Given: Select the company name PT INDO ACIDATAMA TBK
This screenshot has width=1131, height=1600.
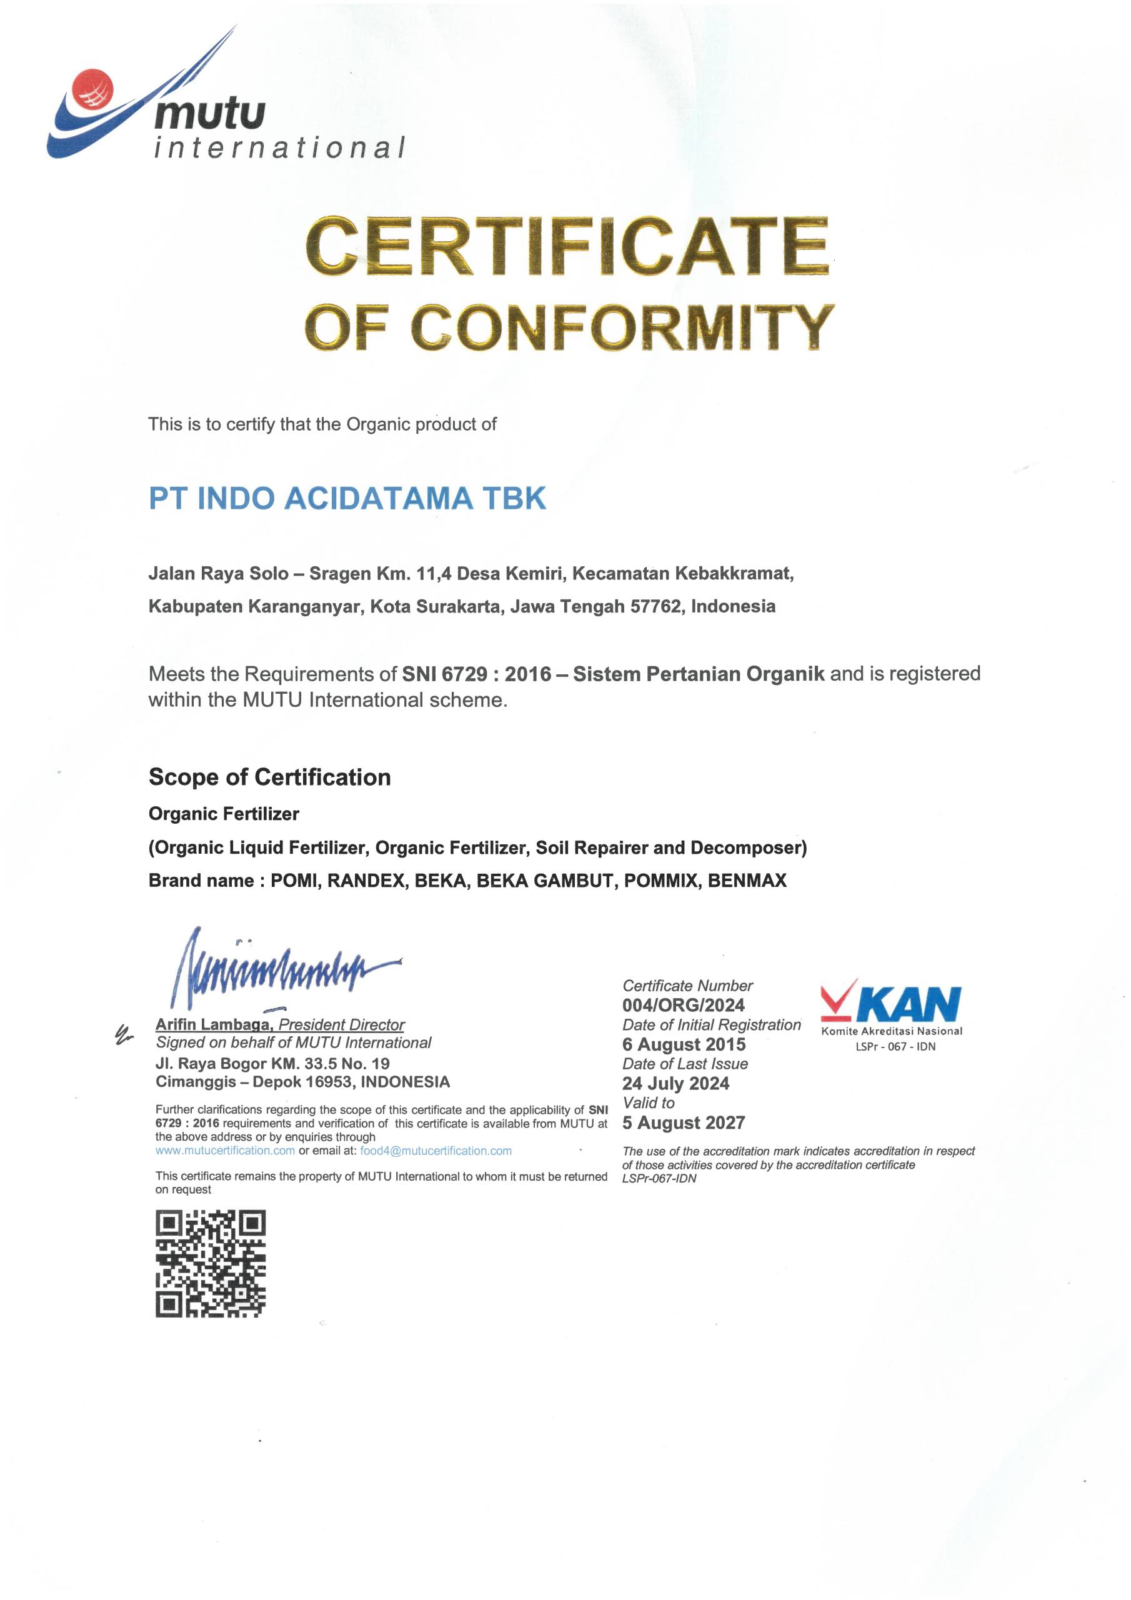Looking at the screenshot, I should tap(347, 498).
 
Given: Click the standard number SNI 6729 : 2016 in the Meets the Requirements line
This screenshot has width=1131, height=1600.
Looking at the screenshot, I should tap(476, 673).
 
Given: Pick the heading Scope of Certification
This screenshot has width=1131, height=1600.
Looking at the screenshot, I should tap(270, 776).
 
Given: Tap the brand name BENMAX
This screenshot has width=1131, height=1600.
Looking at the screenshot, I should tap(747, 880).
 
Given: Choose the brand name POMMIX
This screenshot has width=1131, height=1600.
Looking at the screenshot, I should tap(660, 880).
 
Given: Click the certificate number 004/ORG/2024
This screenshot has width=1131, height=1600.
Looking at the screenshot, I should tap(683, 1004).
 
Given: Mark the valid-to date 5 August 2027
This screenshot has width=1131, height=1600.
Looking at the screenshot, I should tap(683, 1122).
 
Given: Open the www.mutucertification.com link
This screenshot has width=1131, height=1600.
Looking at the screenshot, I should tap(225, 1151).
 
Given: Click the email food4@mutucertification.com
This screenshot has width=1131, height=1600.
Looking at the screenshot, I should tap(436, 1151).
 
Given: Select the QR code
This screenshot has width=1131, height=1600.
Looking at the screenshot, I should tap(211, 1263).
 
